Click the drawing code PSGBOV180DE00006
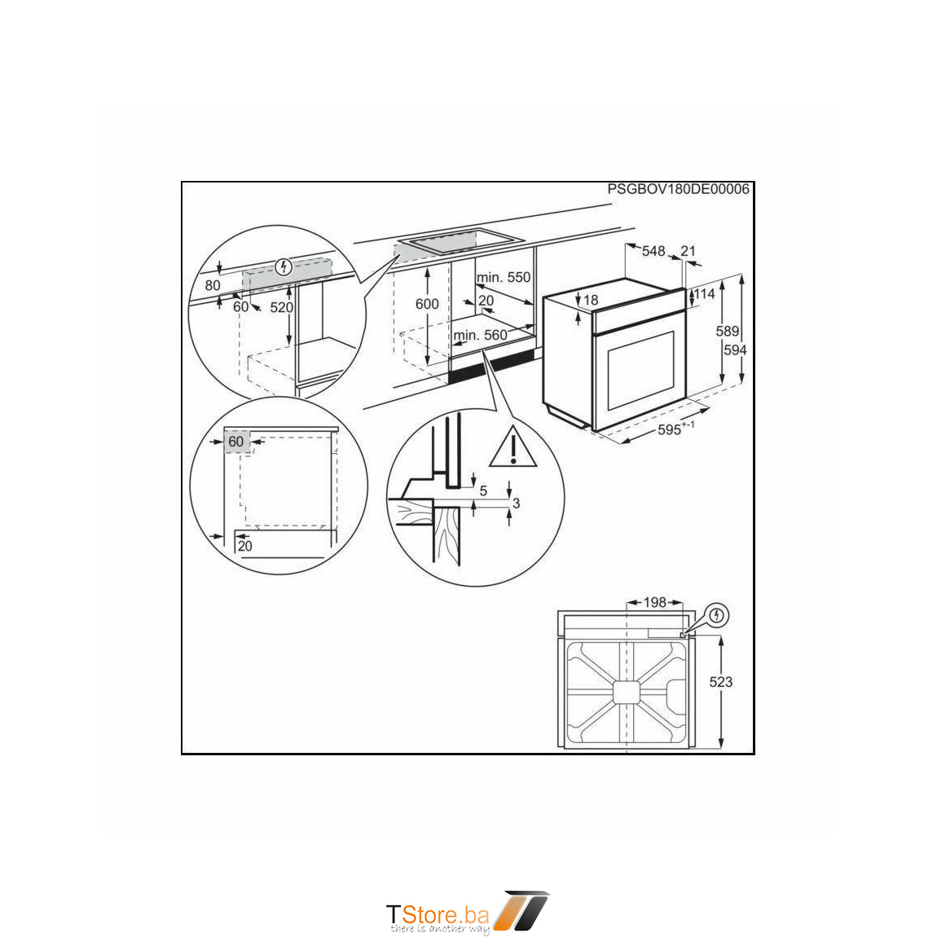point(678,189)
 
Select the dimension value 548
point(653,251)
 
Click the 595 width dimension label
point(675,429)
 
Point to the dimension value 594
point(735,350)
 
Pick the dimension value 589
point(728,331)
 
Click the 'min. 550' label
point(504,277)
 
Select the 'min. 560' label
point(481,335)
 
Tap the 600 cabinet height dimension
point(427,304)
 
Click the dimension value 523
point(721,682)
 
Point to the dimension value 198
point(654,602)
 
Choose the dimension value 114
point(704,294)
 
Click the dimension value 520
point(281,307)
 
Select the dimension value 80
point(212,286)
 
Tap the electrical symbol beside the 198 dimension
point(716,615)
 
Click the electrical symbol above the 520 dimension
point(284,266)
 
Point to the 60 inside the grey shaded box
point(236,442)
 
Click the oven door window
point(640,371)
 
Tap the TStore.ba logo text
point(438,913)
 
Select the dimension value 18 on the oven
point(591,300)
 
